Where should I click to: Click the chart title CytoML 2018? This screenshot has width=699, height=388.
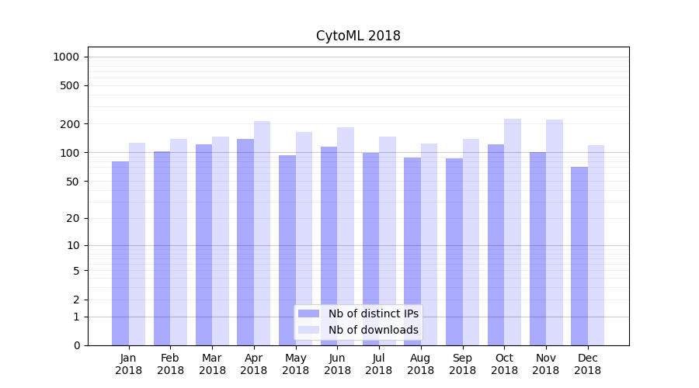[x=358, y=36]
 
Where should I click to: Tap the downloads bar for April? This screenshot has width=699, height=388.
[x=263, y=233]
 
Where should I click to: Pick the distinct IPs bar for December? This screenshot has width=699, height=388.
[x=579, y=256]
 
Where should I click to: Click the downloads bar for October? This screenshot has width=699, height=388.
[x=513, y=232]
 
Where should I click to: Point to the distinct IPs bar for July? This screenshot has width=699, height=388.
[x=371, y=248]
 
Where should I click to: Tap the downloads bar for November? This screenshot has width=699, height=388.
[x=555, y=232]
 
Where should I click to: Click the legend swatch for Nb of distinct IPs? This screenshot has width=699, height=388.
[x=308, y=314]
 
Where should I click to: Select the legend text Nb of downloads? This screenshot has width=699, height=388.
[x=373, y=330]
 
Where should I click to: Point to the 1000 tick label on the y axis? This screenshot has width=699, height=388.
[x=66, y=57]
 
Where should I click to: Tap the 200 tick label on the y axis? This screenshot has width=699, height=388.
[x=70, y=124]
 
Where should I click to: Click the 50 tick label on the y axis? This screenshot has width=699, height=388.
[x=72, y=182]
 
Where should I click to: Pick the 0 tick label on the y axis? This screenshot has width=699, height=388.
[x=76, y=345]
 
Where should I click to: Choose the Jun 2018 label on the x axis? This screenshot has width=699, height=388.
[x=337, y=364]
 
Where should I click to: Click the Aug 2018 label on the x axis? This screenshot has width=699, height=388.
[x=421, y=364]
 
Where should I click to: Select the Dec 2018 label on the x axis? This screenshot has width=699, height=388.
[x=587, y=364]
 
